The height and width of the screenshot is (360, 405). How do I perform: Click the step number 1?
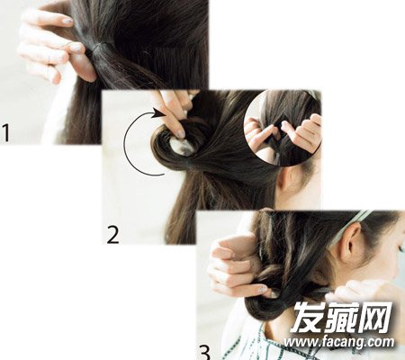(5, 133)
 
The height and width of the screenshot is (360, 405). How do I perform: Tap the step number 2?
(113, 235)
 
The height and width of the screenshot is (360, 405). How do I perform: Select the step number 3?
(204, 353)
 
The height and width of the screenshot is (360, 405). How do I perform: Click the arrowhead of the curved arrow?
(158, 113)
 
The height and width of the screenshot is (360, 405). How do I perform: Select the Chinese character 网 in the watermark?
(377, 317)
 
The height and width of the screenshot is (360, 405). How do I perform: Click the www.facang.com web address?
(339, 342)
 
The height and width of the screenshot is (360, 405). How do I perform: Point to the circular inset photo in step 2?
(282, 128)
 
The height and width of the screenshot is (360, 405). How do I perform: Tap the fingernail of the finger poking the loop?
(180, 134)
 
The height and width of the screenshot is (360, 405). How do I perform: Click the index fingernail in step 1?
(67, 21)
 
